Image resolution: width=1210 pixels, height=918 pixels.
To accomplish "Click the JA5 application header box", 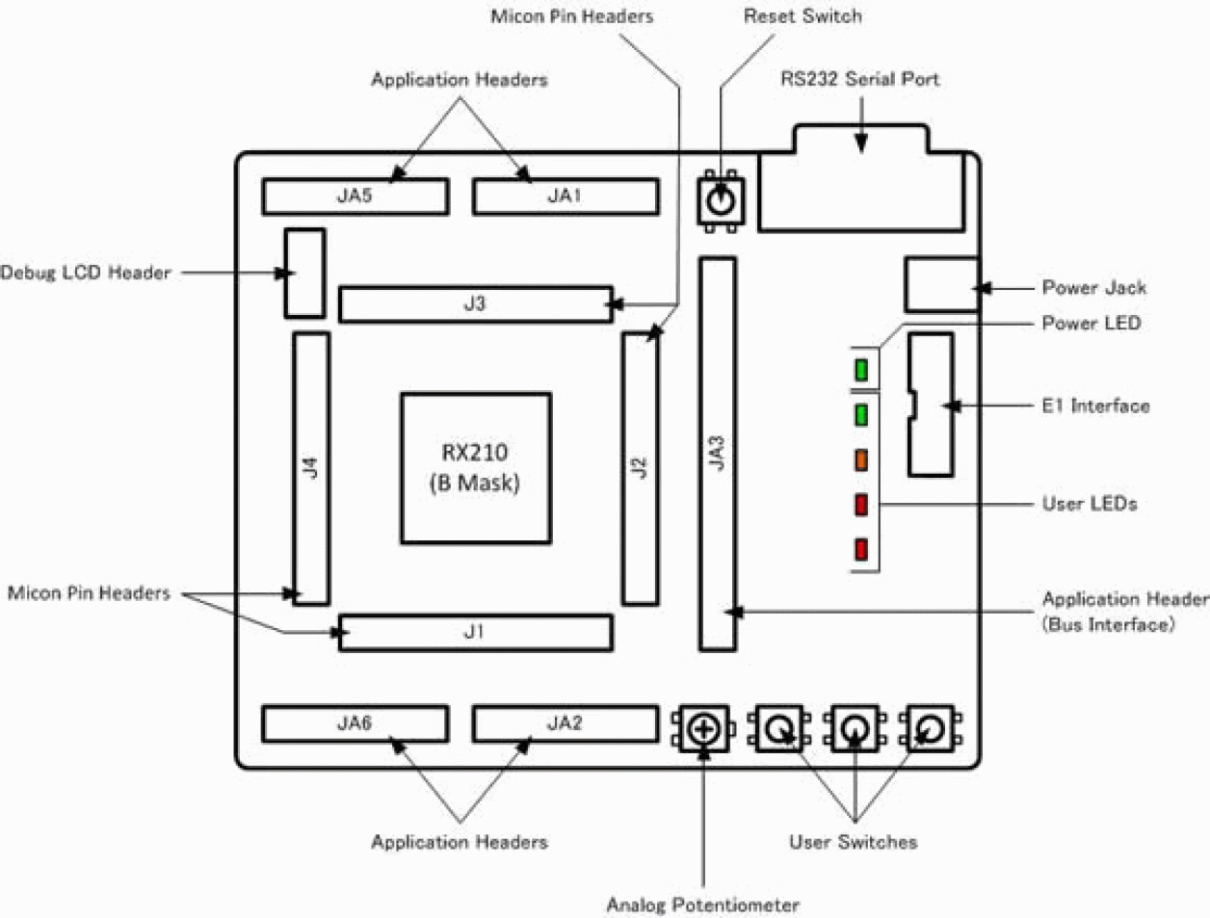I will coord(355,197).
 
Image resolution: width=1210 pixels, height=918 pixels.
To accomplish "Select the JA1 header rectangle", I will coord(566,197).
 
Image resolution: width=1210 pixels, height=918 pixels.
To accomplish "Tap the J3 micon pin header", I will coord(475,304).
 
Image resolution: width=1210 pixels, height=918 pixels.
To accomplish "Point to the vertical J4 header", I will coord(310,468).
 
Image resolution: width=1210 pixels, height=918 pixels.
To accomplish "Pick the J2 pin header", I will coord(640,468).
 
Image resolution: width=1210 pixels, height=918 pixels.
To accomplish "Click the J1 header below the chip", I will coord(475,633).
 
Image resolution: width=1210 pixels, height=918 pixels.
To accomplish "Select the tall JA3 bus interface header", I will coord(717,454).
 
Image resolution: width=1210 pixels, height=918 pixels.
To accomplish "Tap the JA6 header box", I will coord(355,724).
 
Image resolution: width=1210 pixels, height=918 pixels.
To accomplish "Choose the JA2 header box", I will coord(566,724).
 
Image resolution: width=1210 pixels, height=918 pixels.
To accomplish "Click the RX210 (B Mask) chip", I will coord(476,468).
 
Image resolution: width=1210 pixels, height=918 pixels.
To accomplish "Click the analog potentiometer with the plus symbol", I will coord(704,729).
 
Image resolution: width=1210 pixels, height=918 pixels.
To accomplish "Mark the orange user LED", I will coord(861,459).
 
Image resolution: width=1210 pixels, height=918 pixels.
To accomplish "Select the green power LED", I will coord(861,370).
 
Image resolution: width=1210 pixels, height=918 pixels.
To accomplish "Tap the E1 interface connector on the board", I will coord(931,405).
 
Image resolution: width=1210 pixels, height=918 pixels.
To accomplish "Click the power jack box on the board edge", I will coord(941,285).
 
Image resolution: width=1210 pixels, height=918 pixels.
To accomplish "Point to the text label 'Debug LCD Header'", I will coord(86,273).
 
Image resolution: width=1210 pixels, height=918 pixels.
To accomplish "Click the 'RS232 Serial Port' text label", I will coord(859,79).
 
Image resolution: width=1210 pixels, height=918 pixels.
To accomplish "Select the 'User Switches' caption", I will coord(853,842).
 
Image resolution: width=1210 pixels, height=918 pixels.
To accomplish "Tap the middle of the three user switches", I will coord(855,729).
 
